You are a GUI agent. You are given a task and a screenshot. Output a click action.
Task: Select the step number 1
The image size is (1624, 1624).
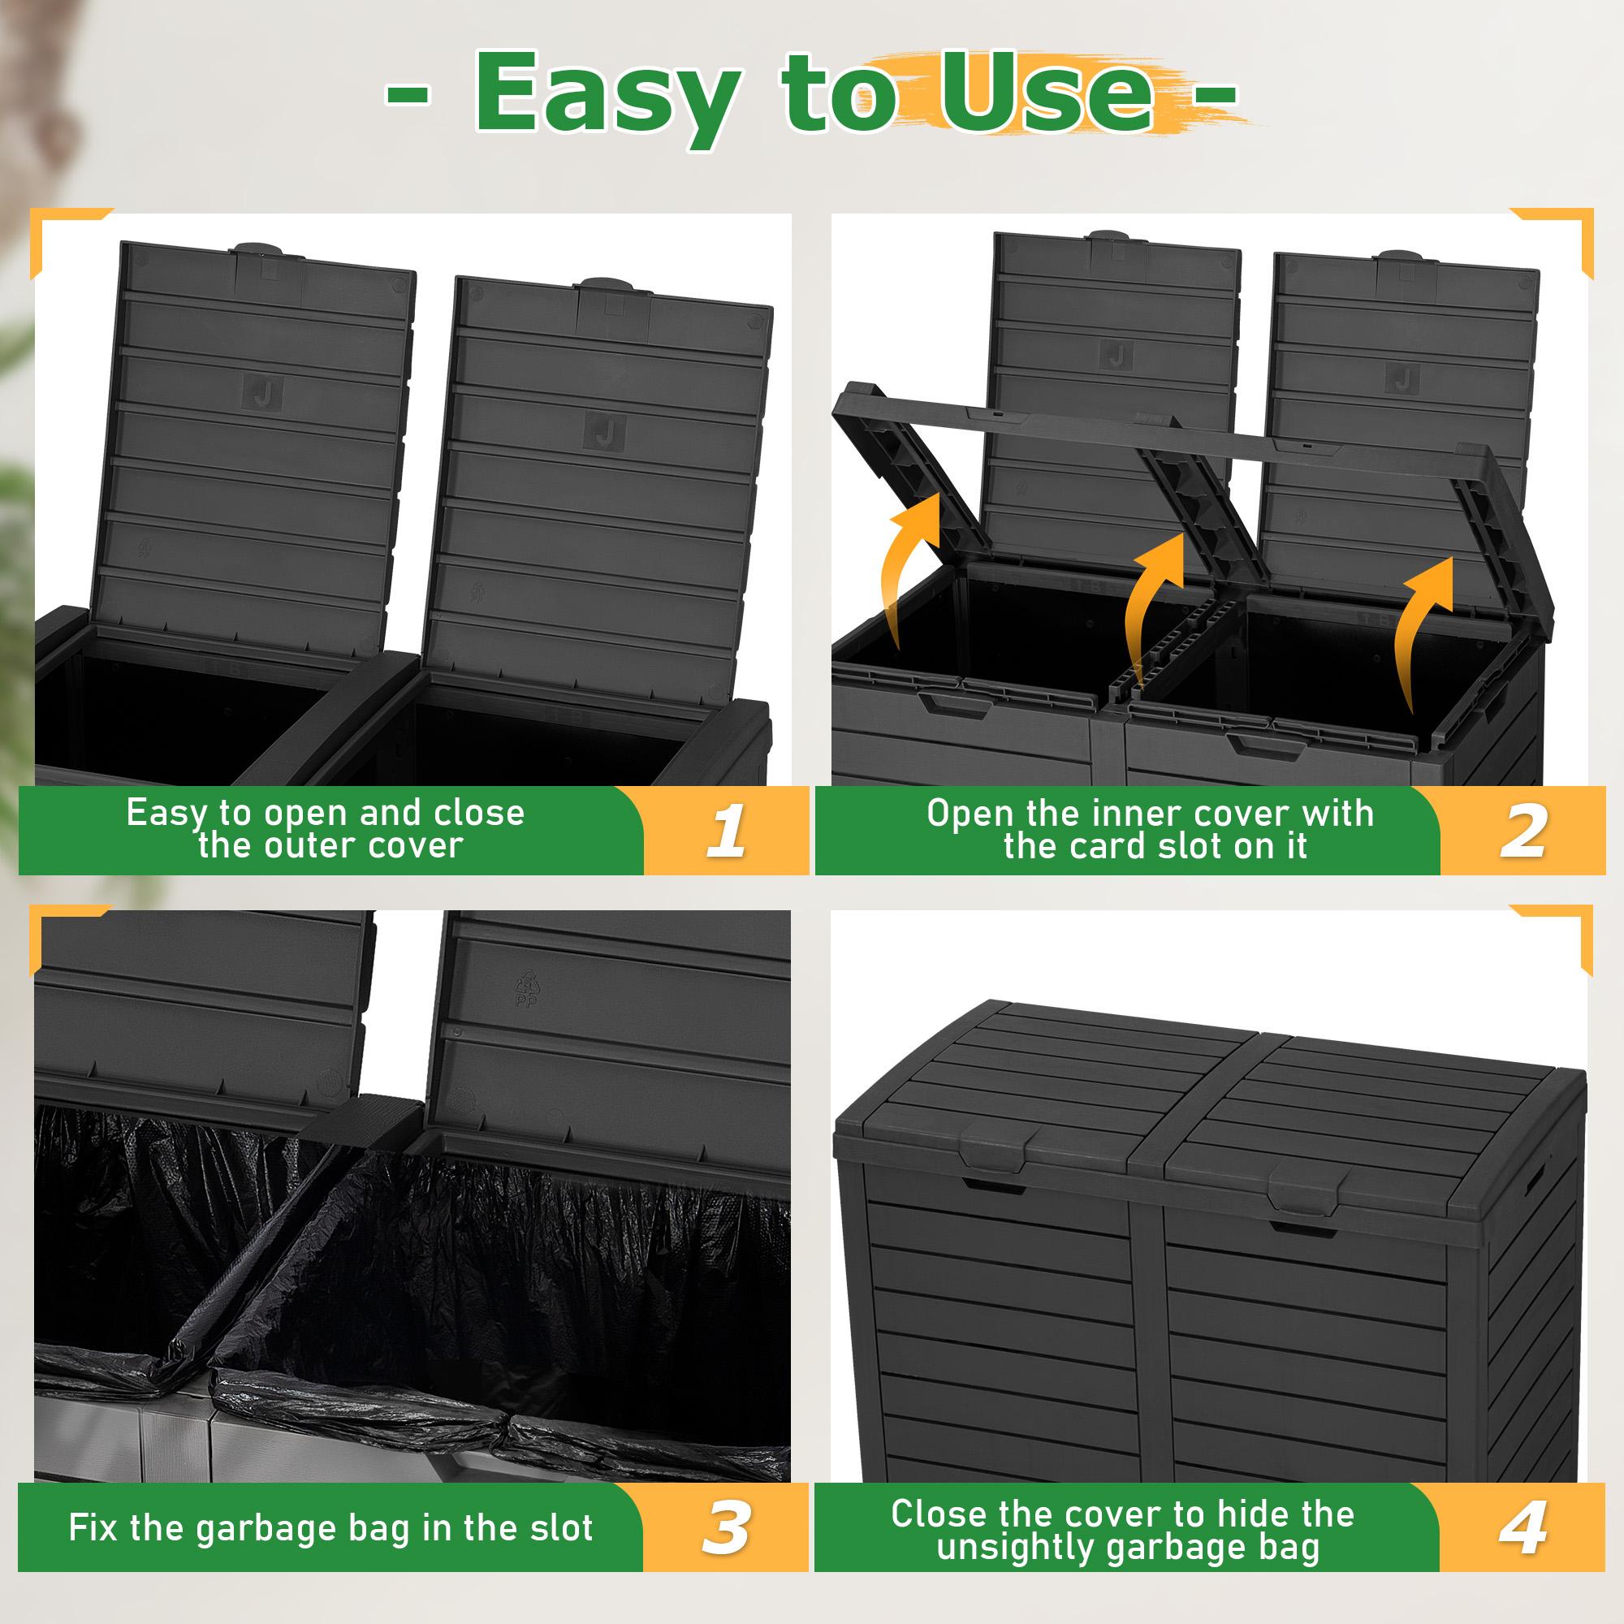[725, 831]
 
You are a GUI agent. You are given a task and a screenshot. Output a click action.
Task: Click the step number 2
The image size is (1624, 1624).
[1522, 831]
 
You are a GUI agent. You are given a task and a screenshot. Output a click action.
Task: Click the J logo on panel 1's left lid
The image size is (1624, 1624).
[263, 391]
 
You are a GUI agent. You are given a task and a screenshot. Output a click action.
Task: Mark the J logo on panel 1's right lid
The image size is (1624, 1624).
[605, 432]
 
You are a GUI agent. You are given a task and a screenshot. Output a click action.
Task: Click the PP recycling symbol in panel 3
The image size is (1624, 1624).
[525, 987]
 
